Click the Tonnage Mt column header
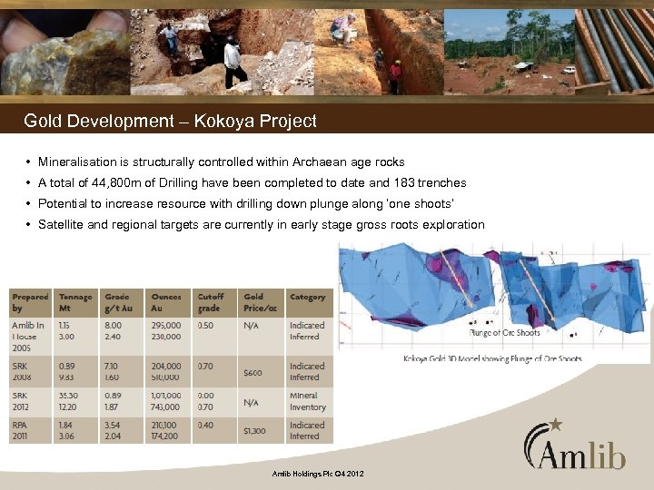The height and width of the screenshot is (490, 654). point(75,302)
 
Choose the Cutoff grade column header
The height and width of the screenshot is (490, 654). point(211,302)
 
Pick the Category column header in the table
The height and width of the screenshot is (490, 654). point(307,297)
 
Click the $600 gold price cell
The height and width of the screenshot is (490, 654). point(253,372)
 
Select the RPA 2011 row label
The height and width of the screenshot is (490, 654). point(25,431)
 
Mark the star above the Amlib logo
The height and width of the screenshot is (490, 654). point(556,424)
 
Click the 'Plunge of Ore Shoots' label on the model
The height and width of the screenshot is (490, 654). point(504,332)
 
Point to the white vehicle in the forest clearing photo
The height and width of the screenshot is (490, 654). point(569,70)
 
